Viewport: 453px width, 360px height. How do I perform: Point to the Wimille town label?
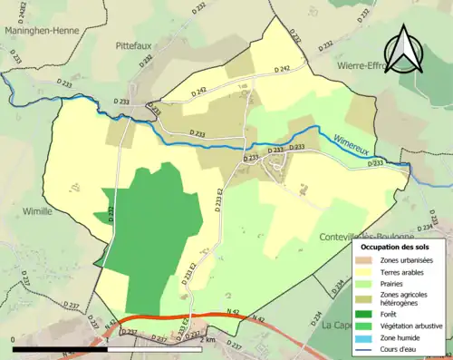[36, 209]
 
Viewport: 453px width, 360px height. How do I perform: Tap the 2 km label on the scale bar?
[210, 340]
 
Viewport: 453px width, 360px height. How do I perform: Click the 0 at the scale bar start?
[14, 340]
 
